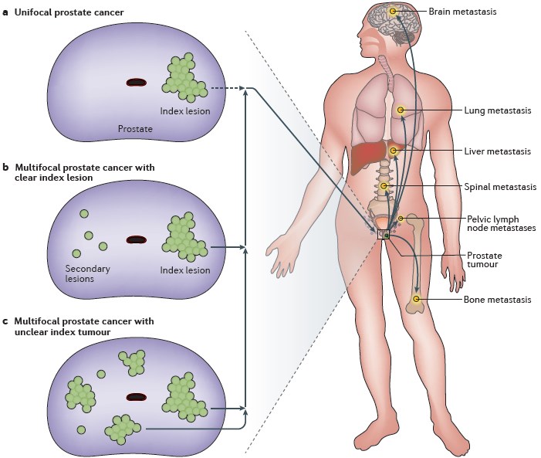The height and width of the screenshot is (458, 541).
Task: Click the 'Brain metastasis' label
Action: click(x=462, y=12)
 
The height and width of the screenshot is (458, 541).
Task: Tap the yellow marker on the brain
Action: click(x=393, y=11)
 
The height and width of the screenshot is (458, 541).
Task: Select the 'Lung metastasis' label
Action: click(x=499, y=110)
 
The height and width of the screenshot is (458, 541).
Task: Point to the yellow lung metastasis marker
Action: click(x=401, y=110)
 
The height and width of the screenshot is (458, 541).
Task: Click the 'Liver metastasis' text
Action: click(x=498, y=151)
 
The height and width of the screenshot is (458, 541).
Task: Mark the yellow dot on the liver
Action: click(x=393, y=150)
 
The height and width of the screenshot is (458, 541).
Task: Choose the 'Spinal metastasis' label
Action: click(x=501, y=187)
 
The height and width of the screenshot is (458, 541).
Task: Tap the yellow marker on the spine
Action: click(x=384, y=186)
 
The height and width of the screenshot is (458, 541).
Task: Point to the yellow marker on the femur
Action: click(x=417, y=298)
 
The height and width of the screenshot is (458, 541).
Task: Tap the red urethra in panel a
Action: click(x=137, y=82)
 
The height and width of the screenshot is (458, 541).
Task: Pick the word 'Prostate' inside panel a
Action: click(x=135, y=129)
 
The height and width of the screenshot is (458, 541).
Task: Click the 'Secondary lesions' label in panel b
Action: click(x=88, y=273)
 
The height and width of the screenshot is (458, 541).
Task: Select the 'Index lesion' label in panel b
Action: click(x=184, y=270)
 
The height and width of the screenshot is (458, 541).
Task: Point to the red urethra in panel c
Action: click(x=137, y=397)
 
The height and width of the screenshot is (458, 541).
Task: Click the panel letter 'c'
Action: click(x=6, y=321)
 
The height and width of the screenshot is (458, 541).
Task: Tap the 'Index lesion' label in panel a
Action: click(x=184, y=110)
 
